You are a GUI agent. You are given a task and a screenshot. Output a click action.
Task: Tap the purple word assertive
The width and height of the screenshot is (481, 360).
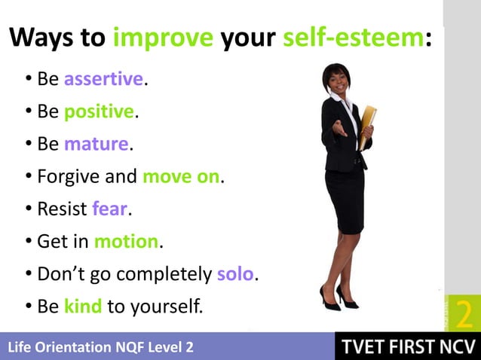(103, 78)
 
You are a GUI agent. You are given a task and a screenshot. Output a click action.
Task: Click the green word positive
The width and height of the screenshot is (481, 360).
(99, 111)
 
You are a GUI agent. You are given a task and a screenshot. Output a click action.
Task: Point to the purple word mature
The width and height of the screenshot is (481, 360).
(97, 144)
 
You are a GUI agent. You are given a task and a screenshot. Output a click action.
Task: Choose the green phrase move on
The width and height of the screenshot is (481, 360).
(181, 177)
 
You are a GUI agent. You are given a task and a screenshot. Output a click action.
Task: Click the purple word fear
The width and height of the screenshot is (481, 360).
(109, 209)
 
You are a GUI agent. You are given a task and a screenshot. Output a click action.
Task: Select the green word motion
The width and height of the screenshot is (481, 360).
(127, 242)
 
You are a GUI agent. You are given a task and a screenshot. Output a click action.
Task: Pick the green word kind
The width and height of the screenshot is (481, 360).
(83, 307)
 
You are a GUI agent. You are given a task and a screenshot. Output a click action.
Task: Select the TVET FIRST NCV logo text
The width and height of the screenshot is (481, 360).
(406, 346)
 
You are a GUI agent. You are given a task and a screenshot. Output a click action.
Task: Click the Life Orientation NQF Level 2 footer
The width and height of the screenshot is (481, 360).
(100, 347)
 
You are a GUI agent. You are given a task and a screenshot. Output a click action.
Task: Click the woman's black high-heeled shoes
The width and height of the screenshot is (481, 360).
(338, 297)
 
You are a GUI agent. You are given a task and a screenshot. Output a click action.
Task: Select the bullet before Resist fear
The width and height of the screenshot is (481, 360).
(28, 209)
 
